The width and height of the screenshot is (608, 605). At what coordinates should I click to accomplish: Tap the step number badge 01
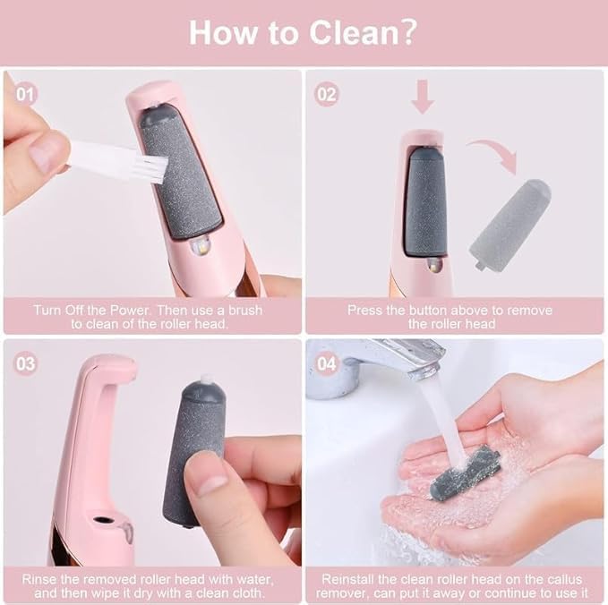pos(26,93)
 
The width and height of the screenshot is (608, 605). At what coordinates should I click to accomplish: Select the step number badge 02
pos(328,93)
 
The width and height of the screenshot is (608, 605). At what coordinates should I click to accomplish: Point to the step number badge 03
pos(26,364)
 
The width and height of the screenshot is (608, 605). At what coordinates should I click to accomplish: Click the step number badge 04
pos(328,364)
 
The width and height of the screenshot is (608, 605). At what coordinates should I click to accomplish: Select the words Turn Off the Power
pos(78,311)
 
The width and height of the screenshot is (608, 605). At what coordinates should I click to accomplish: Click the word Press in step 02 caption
pos(364,311)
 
